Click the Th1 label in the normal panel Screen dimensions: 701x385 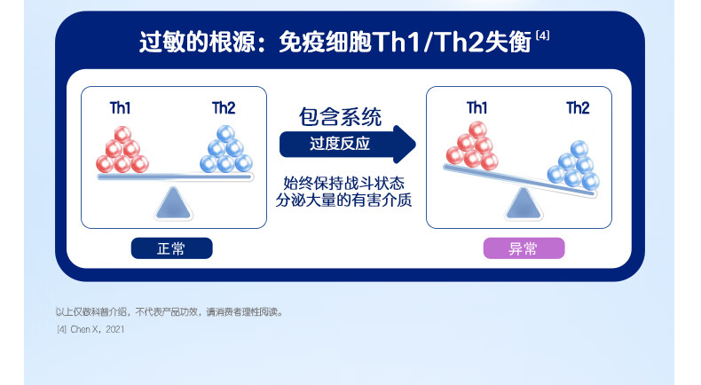point(120,107)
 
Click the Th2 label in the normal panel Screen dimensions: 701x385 point(224,107)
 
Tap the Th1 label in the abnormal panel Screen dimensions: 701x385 point(477,107)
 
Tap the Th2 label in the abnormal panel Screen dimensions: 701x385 point(578,107)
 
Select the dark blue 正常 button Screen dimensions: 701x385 point(171,248)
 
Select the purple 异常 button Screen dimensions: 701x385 point(524,248)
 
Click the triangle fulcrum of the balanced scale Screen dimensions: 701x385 point(173,203)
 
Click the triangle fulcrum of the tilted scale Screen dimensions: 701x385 point(524,204)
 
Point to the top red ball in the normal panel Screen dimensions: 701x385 point(122,135)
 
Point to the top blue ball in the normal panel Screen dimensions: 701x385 point(225,134)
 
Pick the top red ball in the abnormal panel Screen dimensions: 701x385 point(477,130)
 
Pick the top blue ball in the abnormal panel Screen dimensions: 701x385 point(579,149)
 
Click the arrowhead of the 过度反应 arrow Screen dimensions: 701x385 point(405,144)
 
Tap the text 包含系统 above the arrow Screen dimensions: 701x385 point(340,117)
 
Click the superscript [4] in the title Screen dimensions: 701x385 point(542,35)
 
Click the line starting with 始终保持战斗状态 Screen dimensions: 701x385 point(343,184)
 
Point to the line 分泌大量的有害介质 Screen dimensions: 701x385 point(343,200)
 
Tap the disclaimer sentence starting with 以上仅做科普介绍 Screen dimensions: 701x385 point(169,311)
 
